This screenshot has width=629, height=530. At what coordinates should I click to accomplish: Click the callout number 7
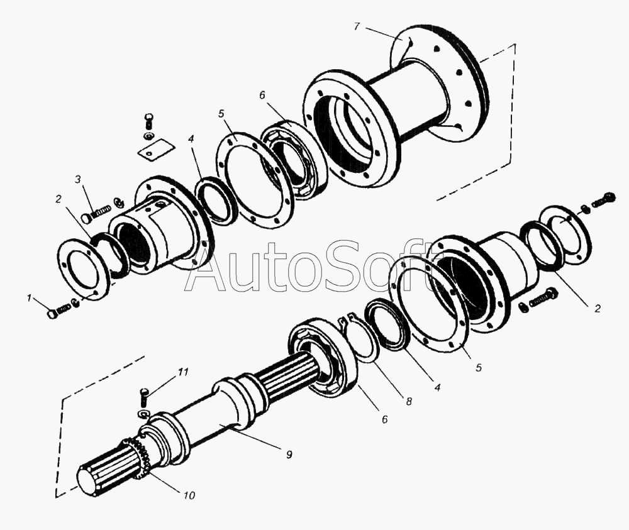(x=357, y=27)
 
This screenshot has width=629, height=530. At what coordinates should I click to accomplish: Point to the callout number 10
(x=189, y=495)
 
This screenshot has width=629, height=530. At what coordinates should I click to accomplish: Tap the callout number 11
(x=183, y=372)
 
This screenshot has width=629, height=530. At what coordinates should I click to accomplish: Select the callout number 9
(x=289, y=454)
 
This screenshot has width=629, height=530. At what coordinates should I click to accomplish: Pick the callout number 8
(x=409, y=401)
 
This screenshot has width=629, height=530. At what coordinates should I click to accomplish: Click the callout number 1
(x=29, y=298)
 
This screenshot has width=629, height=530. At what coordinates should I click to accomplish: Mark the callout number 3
(x=78, y=179)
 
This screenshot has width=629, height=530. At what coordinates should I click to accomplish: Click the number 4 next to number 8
(x=438, y=388)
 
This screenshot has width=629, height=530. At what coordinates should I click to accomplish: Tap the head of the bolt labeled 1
(x=52, y=314)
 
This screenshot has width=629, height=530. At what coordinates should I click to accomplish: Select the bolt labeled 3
(x=97, y=213)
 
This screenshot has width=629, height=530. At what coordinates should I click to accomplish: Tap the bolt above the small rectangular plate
(x=149, y=121)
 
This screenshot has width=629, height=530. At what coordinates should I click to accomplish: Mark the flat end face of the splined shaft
(x=89, y=482)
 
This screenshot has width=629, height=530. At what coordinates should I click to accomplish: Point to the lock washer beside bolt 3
(x=119, y=202)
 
